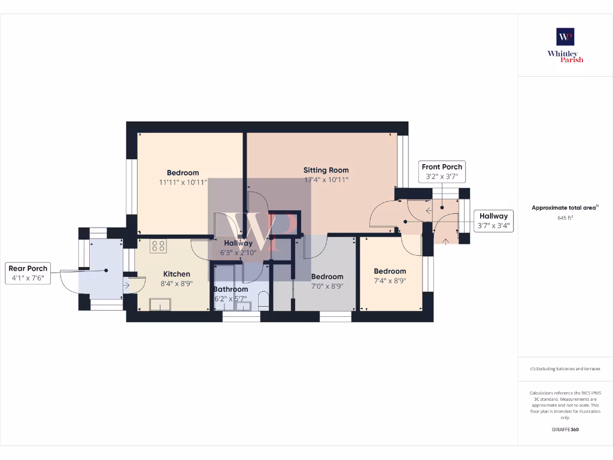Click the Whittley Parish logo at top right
click(x=565, y=45)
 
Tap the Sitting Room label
click(x=326, y=170)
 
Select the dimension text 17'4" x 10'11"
click(x=326, y=180)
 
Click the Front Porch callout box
click(x=442, y=171)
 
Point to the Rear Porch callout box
click(x=28, y=273)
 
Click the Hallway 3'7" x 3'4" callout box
click(x=493, y=220)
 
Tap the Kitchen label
click(x=177, y=274)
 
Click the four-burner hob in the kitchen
click(x=158, y=246)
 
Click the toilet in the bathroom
click(x=263, y=301)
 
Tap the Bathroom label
click(x=230, y=289)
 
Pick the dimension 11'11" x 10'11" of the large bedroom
click(x=183, y=182)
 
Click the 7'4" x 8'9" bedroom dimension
click(x=390, y=280)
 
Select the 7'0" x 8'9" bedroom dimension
click(x=327, y=286)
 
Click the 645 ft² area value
click(x=565, y=218)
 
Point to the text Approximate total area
click(x=564, y=208)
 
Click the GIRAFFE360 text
click(x=565, y=429)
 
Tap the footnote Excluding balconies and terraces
click(x=565, y=369)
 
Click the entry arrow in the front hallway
click(x=445, y=241)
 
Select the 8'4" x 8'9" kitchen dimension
click(x=177, y=284)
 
